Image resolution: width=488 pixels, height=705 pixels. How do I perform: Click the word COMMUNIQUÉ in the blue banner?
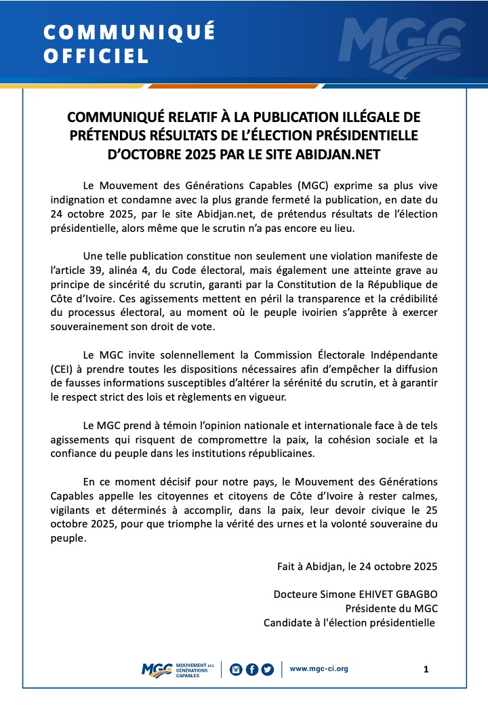[129, 32]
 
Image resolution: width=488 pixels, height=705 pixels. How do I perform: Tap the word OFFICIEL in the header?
[96, 56]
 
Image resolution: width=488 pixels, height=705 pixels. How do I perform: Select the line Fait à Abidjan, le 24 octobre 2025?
[357, 566]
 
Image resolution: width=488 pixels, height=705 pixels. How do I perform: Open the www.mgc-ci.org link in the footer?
[319, 669]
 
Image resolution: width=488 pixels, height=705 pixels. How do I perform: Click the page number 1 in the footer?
[426, 670]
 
